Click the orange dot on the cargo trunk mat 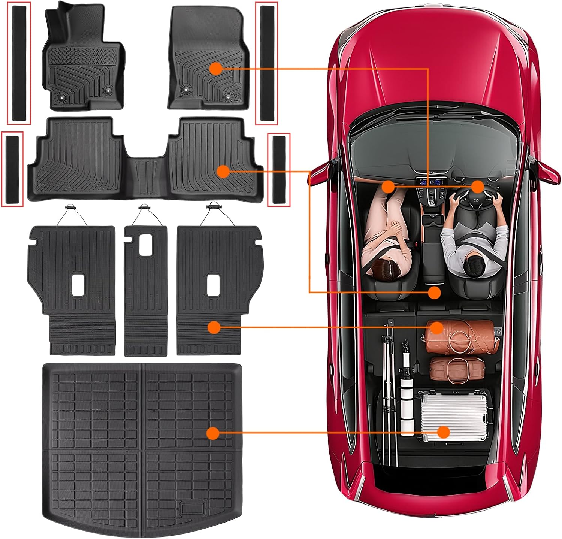click(x=213, y=433)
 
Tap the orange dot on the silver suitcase click(x=444, y=432)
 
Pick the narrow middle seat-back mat click(x=145, y=292)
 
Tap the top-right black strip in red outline click(x=266, y=63)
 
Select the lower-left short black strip click(x=12, y=169)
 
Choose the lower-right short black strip click(x=279, y=169)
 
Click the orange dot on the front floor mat click(x=215, y=69)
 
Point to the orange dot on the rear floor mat click(x=223, y=172)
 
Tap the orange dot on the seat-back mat click(x=214, y=327)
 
